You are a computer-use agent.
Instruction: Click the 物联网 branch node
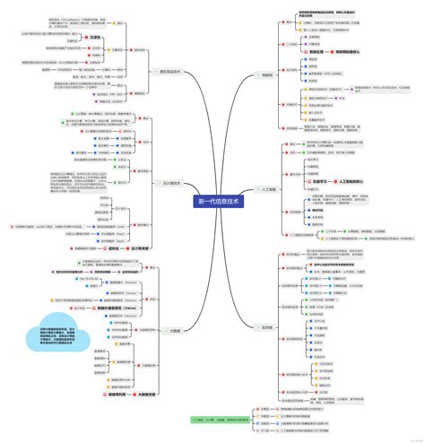[266, 76]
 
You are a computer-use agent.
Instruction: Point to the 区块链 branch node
[266, 327]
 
